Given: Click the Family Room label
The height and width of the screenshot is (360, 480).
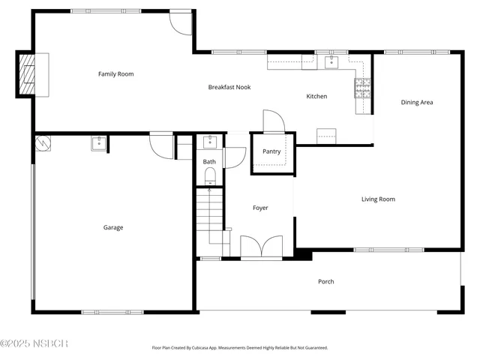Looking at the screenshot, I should [115, 73].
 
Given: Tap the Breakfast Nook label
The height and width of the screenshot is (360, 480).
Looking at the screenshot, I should [229, 87].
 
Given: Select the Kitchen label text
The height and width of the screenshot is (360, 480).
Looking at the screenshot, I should [316, 96].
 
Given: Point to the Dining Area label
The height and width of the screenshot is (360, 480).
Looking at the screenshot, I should [417, 102].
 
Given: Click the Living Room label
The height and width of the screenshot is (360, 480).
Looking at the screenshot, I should [378, 199].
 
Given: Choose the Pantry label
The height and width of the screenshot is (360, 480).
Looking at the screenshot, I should [271, 151].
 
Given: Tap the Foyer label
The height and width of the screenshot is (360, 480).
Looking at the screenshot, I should [260, 208].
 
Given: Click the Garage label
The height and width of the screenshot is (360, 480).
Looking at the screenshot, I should [113, 227].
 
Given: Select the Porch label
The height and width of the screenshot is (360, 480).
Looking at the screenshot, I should [326, 281].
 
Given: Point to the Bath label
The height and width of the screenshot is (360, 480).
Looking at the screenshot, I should [209, 161].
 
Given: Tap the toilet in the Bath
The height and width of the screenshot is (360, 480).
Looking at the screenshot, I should [210, 176].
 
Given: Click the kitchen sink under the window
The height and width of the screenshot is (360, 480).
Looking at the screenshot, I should [331, 62].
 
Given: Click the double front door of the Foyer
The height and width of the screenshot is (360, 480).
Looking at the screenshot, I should [261, 247].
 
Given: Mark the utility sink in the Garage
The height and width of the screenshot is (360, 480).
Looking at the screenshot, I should [99, 142].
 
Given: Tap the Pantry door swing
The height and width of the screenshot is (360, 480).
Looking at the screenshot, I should [271, 121].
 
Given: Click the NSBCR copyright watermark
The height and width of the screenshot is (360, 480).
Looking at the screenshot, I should [34, 343].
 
